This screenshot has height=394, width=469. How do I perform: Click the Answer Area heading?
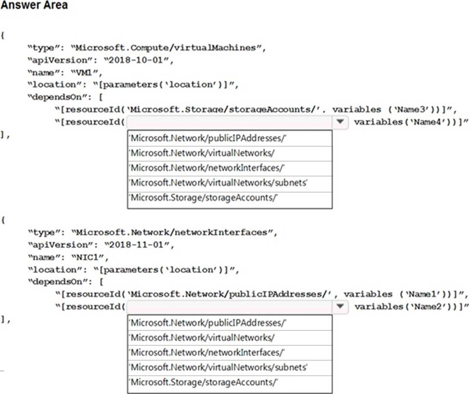[x=34, y=5]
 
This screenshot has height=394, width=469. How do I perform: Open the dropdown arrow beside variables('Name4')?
[x=340, y=122]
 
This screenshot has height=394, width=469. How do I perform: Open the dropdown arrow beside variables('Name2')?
[x=340, y=306]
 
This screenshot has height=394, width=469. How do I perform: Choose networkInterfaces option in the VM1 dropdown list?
[x=208, y=168]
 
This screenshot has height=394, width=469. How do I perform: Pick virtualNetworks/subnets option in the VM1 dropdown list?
[x=218, y=183]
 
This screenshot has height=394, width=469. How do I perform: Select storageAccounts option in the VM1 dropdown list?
[x=205, y=198]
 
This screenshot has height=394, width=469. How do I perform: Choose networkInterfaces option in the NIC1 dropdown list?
[x=208, y=353]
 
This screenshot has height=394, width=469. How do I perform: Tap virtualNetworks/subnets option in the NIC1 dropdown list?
[x=218, y=368]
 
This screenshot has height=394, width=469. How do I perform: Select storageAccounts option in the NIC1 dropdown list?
[x=205, y=382]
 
